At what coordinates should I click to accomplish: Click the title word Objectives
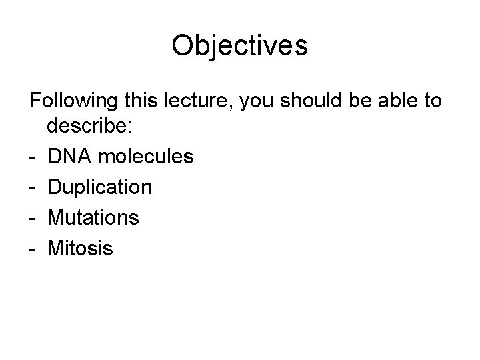tap(239, 45)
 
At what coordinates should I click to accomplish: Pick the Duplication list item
tap(100, 187)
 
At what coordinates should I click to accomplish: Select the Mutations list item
tap(93, 217)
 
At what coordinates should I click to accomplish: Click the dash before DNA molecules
tap(33, 158)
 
